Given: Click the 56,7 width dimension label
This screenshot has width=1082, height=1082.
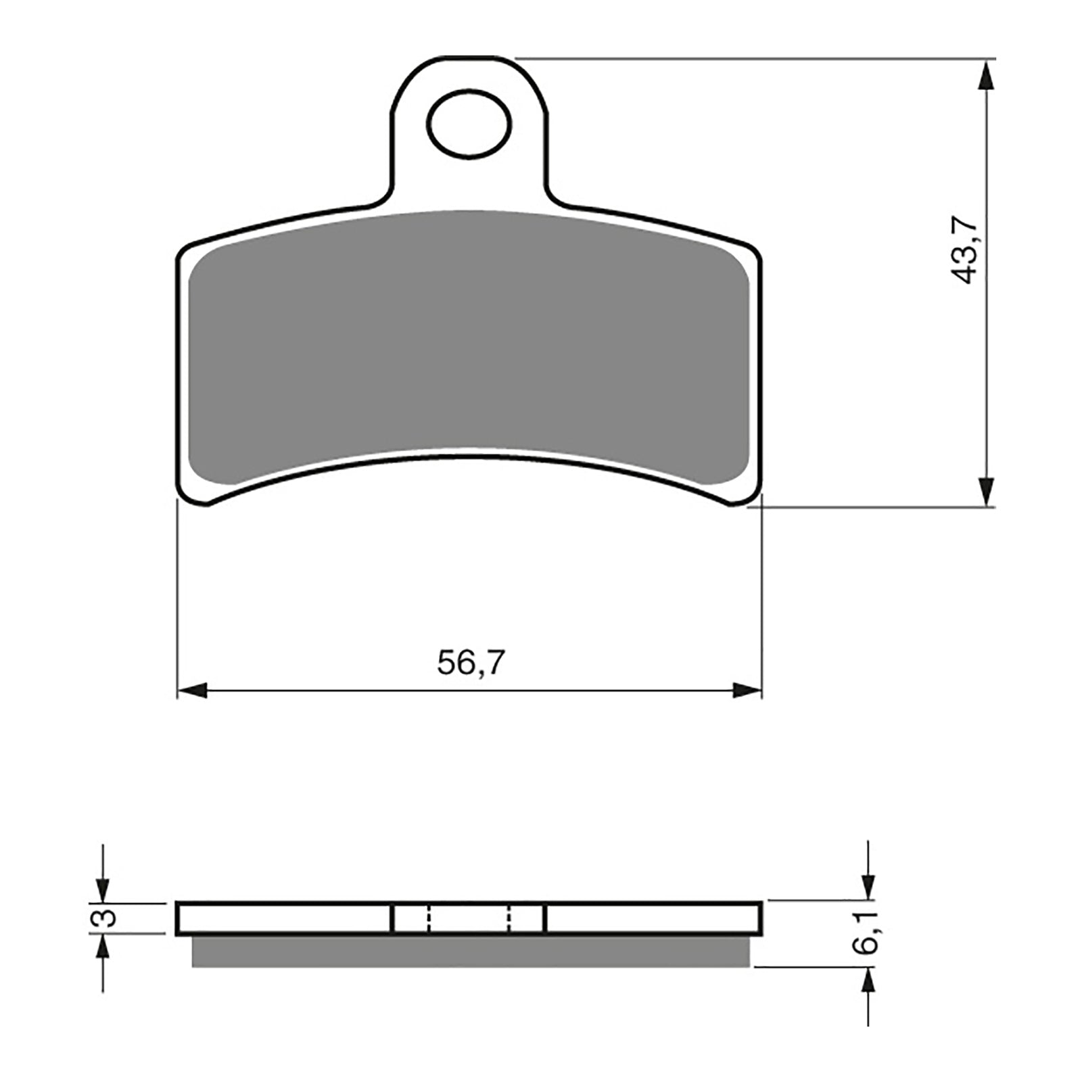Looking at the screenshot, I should coord(470,663).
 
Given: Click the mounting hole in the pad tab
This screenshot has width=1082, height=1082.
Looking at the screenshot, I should coord(469,124).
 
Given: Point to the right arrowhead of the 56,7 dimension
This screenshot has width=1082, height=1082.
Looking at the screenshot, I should coord(747,690).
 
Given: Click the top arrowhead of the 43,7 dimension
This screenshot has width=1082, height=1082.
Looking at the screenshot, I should coord(987,74).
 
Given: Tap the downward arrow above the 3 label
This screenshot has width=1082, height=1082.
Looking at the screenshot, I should coord(102,886).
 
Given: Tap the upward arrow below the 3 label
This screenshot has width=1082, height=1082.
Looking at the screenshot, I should coord(102,950).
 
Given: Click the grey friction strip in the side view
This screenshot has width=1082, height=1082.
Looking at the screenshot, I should coord(470,951).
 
